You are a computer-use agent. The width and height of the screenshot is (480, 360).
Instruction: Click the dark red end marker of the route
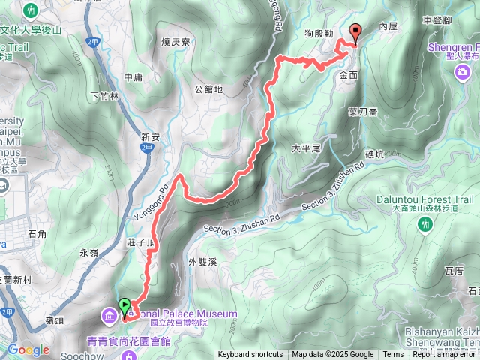(355, 31)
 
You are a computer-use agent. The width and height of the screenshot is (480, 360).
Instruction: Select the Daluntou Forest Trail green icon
(425, 223)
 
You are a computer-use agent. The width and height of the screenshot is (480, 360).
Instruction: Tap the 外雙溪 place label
(202, 262)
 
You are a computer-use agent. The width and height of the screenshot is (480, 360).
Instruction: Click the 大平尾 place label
(306, 148)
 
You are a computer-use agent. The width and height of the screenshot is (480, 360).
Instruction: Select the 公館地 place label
(208, 89)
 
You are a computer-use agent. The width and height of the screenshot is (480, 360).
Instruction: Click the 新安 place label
(151, 137)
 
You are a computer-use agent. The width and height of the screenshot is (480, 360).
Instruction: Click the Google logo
(28, 349)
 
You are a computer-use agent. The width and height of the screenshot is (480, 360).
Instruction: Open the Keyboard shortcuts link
(250, 355)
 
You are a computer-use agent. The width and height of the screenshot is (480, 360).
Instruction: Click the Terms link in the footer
(393, 355)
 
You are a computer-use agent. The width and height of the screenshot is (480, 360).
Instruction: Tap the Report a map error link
(446, 355)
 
